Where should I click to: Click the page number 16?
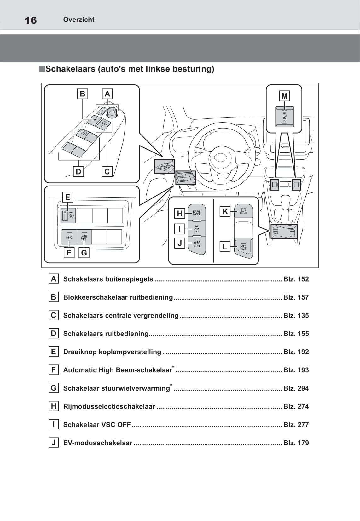tap(31, 20)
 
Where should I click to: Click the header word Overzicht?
tap(79, 20)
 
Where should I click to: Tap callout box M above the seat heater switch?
tap(284, 96)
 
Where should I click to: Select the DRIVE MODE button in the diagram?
tap(197, 213)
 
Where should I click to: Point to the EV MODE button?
tap(197, 244)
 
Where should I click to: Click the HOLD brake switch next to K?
tap(243, 211)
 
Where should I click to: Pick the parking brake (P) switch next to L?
tap(243, 248)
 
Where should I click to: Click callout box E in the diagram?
tap(67, 197)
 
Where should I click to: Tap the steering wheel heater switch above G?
tap(84, 237)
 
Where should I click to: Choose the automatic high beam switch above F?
tap(69, 237)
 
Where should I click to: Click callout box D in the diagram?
tap(78, 172)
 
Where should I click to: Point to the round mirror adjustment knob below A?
tap(112, 112)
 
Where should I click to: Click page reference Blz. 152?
tap(296, 279)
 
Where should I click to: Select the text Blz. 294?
tap(296, 388)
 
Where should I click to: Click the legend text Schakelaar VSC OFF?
tap(97, 425)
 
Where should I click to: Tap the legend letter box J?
tap(54, 443)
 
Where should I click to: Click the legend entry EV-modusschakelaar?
tap(97, 443)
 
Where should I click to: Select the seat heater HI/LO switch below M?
tap(285, 117)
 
